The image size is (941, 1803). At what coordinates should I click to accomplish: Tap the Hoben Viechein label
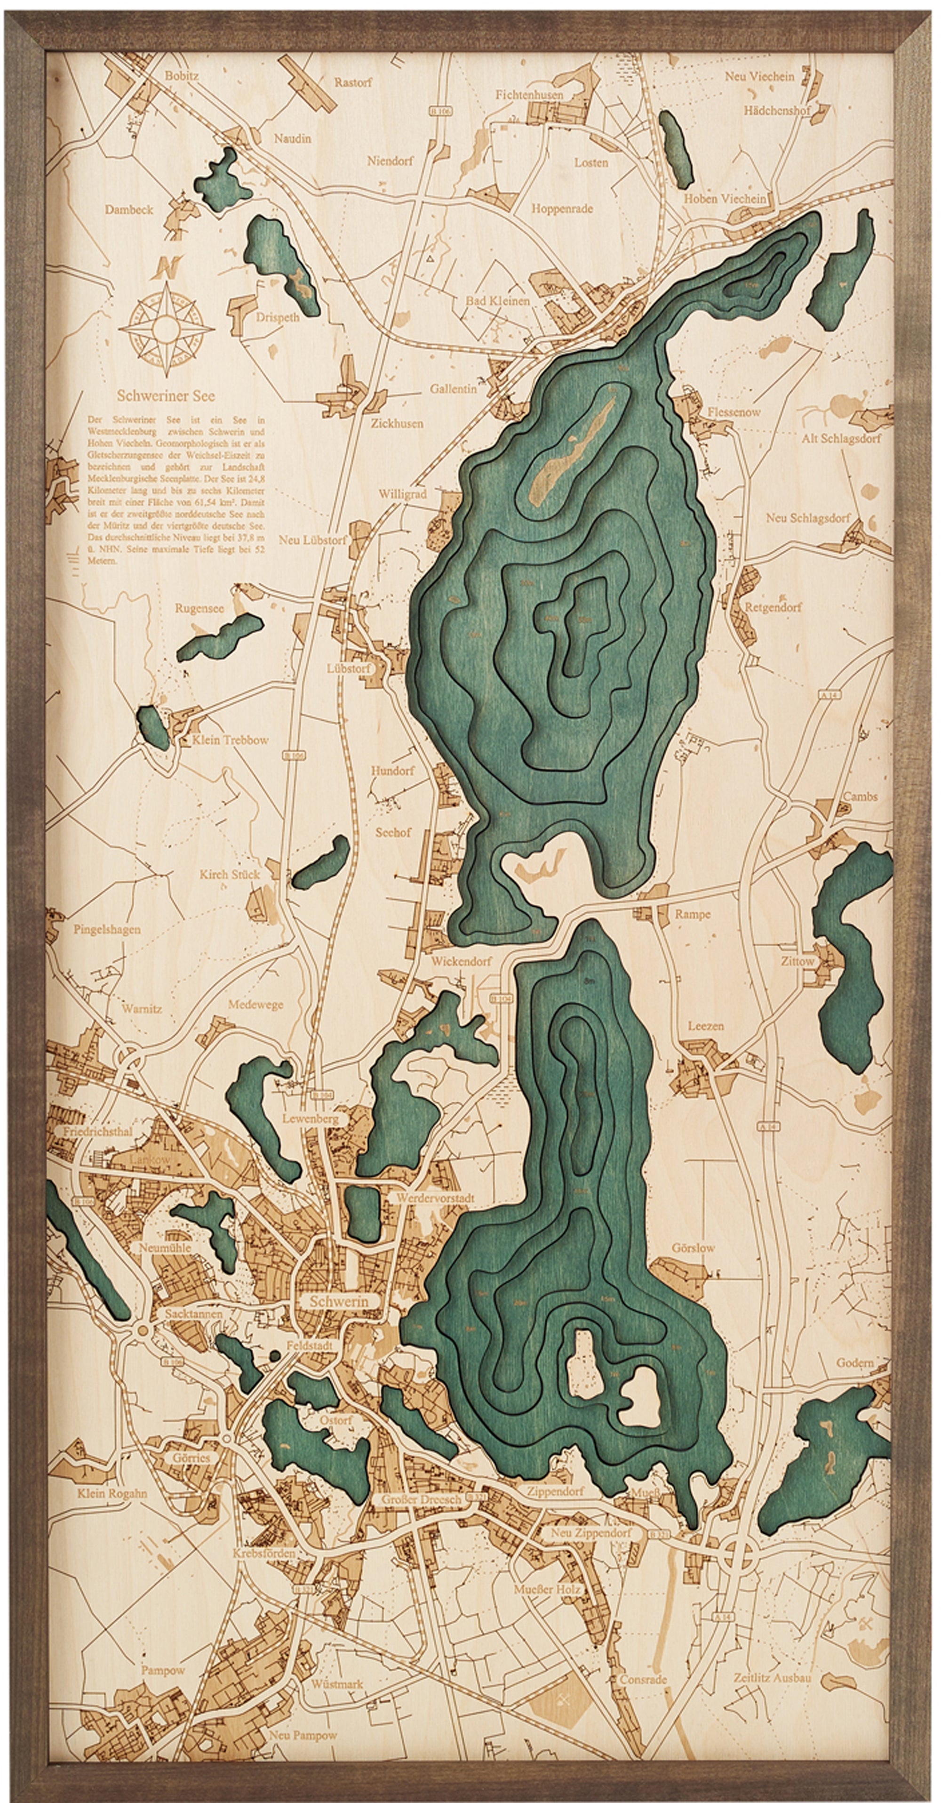click(x=725, y=198)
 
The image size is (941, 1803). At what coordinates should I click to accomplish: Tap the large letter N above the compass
click(x=168, y=267)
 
